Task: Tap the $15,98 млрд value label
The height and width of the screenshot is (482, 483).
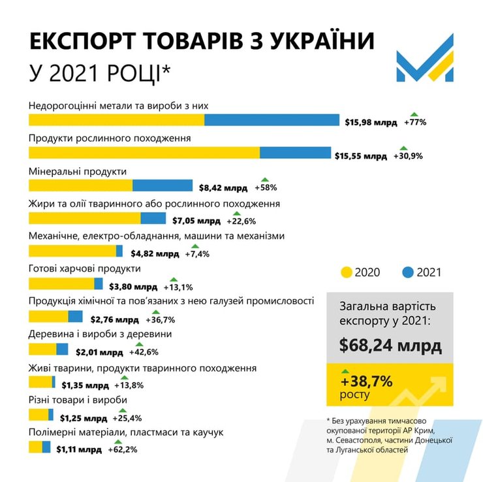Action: pos(371,122)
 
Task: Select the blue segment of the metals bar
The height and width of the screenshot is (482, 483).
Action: pos(272,120)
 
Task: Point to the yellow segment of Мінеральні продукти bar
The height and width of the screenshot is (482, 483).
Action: pos(80,186)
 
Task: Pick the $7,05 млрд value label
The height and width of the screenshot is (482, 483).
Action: pos(198,220)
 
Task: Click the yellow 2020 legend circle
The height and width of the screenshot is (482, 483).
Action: pos(346,272)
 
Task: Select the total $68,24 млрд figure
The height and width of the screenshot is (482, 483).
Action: pos(390,344)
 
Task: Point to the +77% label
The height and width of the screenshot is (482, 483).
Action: pos(415,122)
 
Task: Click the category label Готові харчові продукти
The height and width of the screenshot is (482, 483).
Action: pos(85,268)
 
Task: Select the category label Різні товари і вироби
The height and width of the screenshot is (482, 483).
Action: pos(78,400)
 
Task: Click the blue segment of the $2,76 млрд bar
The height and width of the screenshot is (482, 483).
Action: pos(75,317)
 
